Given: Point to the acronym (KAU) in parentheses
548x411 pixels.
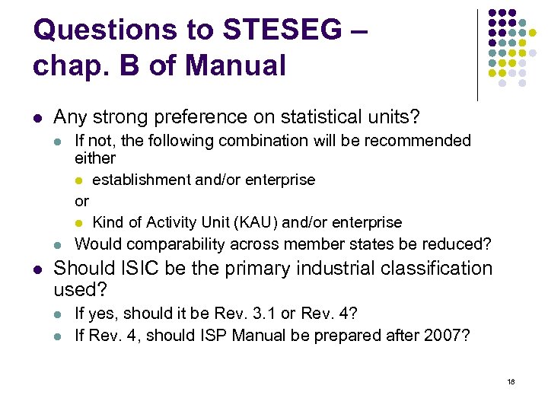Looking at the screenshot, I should [x=259, y=222].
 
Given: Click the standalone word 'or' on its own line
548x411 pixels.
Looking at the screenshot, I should [x=81, y=201].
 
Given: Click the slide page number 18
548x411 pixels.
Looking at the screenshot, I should [x=510, y=381].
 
